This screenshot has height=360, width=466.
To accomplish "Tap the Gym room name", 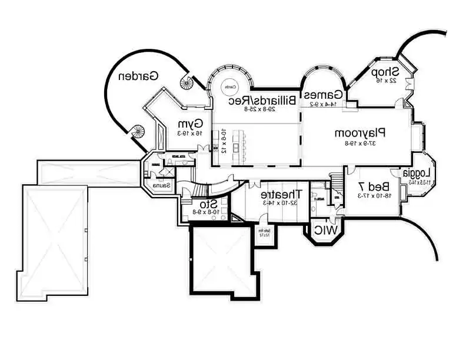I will (191, 124).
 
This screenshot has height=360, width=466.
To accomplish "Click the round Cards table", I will (229, 88).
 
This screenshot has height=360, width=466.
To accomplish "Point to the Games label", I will (323, 95).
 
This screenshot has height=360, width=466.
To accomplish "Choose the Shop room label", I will (385, 72).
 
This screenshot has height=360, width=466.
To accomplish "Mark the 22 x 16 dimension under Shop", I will (385, 81).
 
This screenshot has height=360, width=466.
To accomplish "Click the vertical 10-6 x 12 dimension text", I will (224, 141).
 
